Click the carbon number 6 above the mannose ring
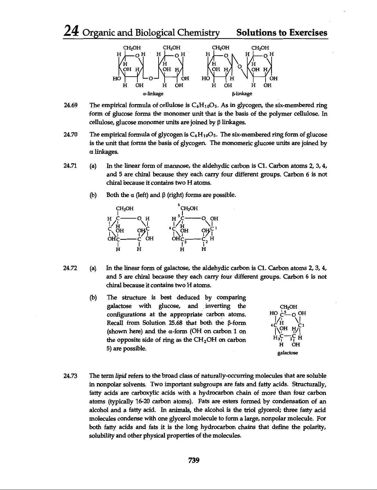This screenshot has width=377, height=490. (179, 204)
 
